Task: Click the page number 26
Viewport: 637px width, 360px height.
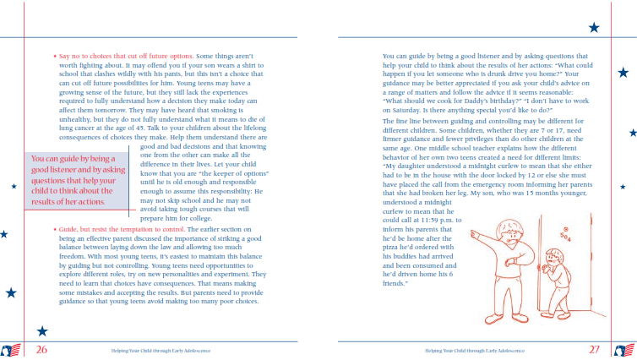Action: (41, 348)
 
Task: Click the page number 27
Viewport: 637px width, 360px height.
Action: (594, 348)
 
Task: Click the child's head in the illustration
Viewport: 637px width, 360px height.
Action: (553, 254)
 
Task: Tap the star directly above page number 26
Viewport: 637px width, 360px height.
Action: (42, 331)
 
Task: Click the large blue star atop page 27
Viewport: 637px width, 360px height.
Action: (594, 28)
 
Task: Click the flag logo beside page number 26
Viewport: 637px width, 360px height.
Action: (11, 349)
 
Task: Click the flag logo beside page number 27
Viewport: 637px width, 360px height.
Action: (625, 349)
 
